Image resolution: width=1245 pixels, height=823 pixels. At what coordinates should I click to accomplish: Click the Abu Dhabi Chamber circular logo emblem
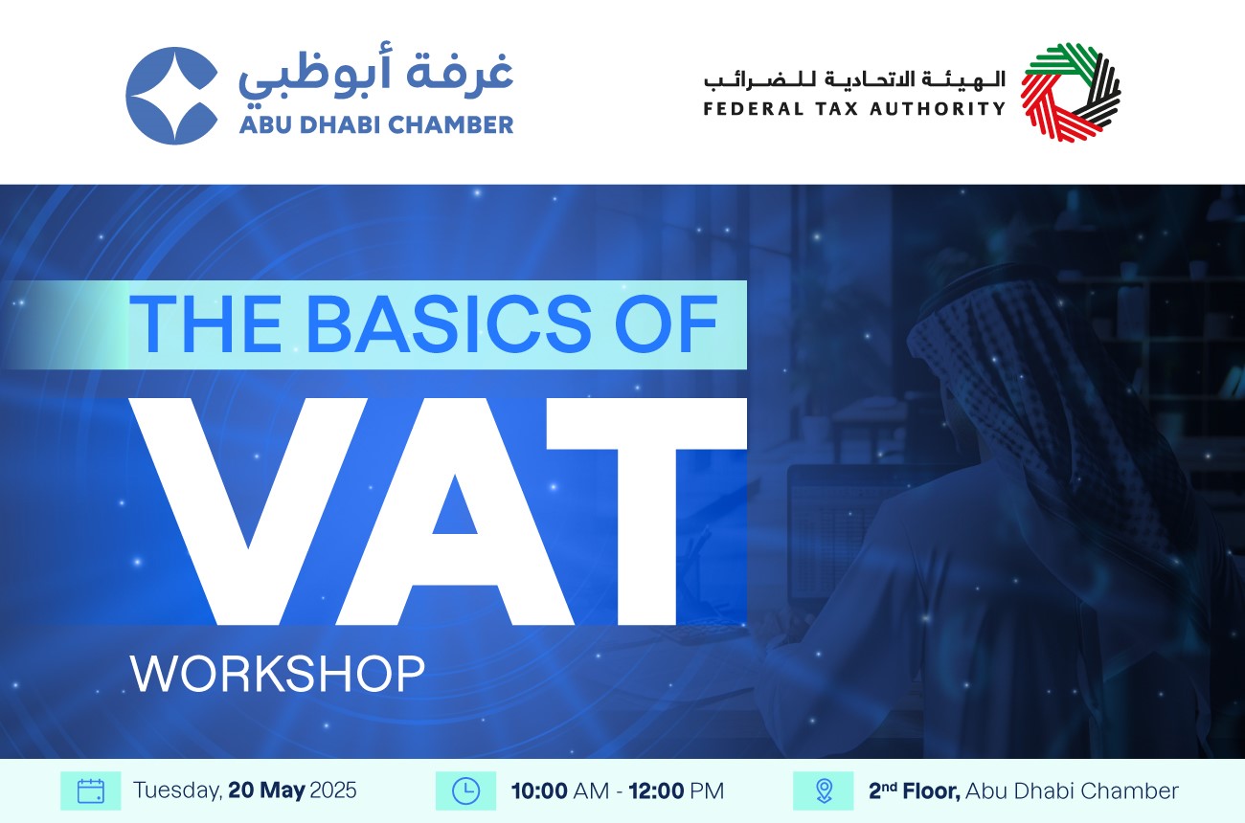pos(171,96)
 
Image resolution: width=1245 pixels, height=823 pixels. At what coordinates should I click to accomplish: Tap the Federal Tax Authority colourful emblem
pos(1071,92)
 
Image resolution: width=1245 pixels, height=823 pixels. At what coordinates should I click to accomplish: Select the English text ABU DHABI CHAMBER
pos(376,125)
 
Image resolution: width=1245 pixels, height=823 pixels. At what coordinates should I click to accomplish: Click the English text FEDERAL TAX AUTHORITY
pos(854,108)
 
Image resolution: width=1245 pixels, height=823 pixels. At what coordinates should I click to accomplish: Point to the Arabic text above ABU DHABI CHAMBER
pos(376,77)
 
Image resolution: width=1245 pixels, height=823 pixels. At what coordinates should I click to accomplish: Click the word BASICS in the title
pos(448,324)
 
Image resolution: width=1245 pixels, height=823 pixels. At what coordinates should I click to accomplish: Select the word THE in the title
pos(205,324)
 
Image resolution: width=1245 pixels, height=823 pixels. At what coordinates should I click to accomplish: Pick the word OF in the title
pos(666,324)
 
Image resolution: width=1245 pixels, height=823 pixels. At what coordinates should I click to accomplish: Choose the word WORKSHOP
pos(278,673)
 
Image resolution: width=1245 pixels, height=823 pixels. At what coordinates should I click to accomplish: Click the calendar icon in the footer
pos(91,790)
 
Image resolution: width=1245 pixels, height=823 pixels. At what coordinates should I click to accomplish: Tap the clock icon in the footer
pos(465,790)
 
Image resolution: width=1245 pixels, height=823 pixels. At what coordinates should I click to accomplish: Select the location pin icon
pos(824,790)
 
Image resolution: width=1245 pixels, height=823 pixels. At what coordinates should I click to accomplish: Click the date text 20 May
pos(266,790)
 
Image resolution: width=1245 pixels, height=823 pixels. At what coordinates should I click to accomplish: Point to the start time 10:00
pos(539,790)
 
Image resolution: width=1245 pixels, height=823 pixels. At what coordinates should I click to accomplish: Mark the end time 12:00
pos(656,790)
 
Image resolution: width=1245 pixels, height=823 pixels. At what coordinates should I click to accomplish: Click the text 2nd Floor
pos(915,790)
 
